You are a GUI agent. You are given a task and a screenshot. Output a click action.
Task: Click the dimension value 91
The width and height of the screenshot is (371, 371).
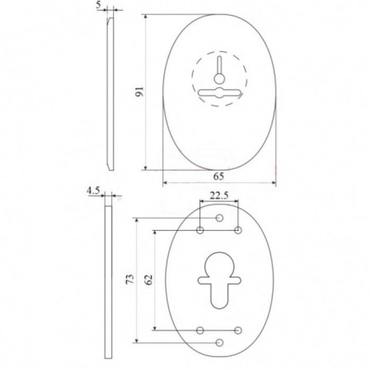(x=139, y=92)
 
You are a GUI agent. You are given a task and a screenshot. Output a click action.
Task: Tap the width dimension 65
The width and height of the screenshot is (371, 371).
(x=218, y=176)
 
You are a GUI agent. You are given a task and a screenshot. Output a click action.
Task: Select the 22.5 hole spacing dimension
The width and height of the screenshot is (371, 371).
(x=219, y=195)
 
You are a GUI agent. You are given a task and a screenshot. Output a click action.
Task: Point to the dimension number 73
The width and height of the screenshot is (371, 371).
(x=130, y=279)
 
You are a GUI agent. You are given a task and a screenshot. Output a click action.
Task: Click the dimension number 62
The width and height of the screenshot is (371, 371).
(x=148, y=279)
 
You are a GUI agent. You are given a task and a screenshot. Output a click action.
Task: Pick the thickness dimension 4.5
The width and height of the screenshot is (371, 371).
(x=93, y=190)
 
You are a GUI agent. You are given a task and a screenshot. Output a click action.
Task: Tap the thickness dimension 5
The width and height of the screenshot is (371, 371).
(x=99, y=6)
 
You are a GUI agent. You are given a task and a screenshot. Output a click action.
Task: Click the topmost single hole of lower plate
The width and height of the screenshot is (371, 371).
(x=219, y=218)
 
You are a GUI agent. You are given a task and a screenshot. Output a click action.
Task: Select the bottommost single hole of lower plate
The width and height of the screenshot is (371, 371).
(x=219, y=343)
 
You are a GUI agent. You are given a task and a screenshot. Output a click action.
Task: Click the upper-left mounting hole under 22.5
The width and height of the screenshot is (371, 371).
(x=200, y=230)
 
